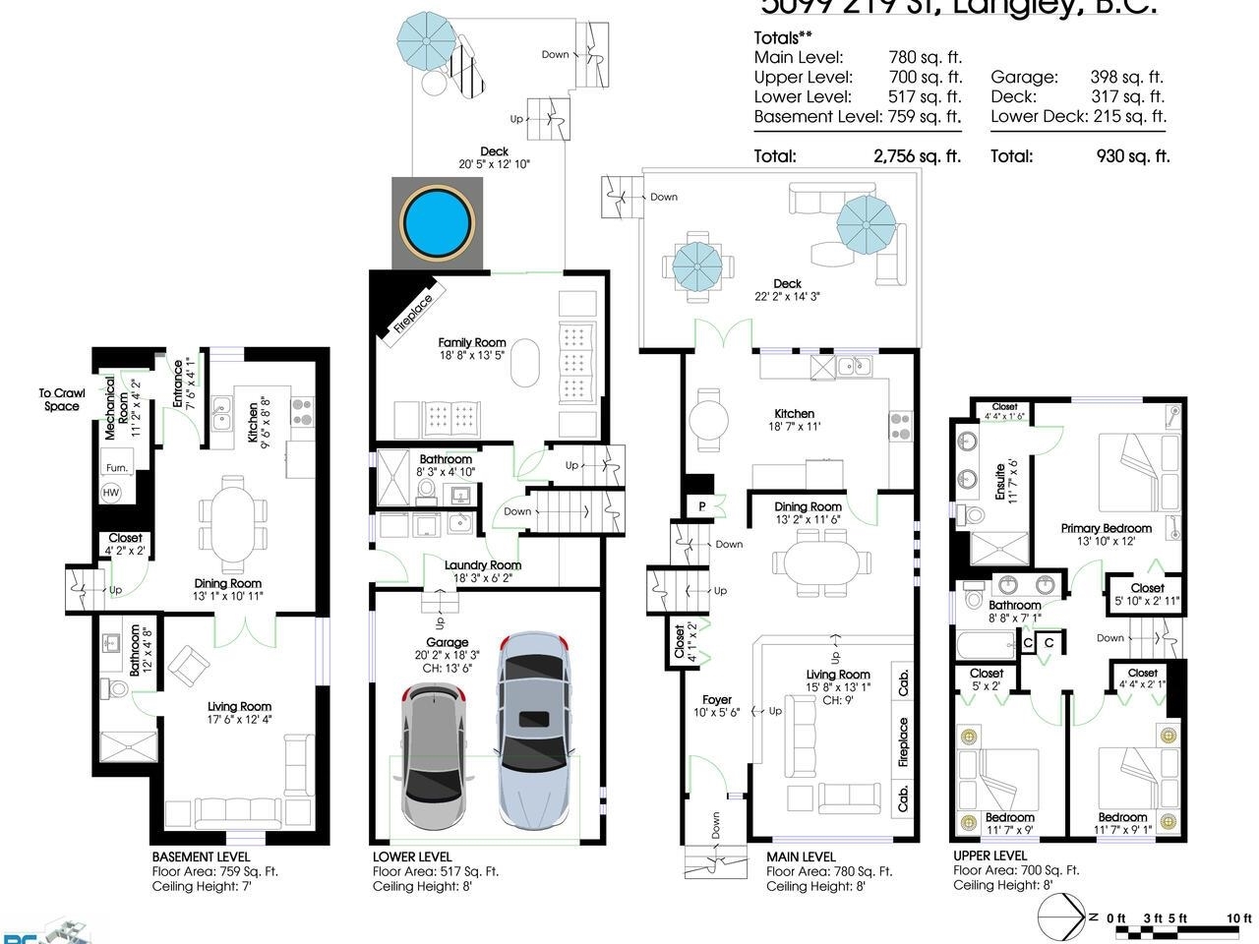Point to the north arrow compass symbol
[x=1063, y=918]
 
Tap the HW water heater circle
[x=111, y=492]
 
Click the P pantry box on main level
[x=702, y=505]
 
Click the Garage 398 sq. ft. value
[x=1126, y=77]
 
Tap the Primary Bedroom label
[x=1106, y=528]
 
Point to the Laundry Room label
[x=482, y=565]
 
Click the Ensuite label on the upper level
[x=1000, y=482]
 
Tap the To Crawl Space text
[x=61, y=399]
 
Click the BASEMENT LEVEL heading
[x=201, y=856]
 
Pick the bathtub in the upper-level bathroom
[x=986, y=646]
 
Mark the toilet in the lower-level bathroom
[x=427, y=489]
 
